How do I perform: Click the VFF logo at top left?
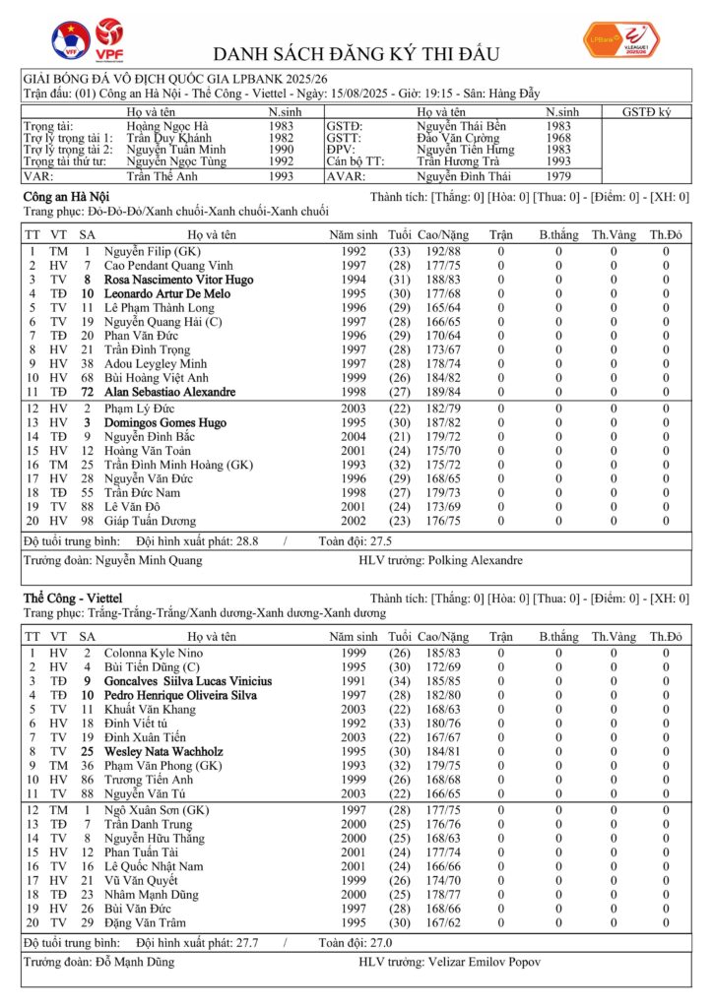[71, 38]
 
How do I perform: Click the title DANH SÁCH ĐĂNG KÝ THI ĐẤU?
[356, 53]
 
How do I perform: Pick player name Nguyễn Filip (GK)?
[148, 251]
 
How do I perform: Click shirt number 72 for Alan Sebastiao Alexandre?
[87, 391]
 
